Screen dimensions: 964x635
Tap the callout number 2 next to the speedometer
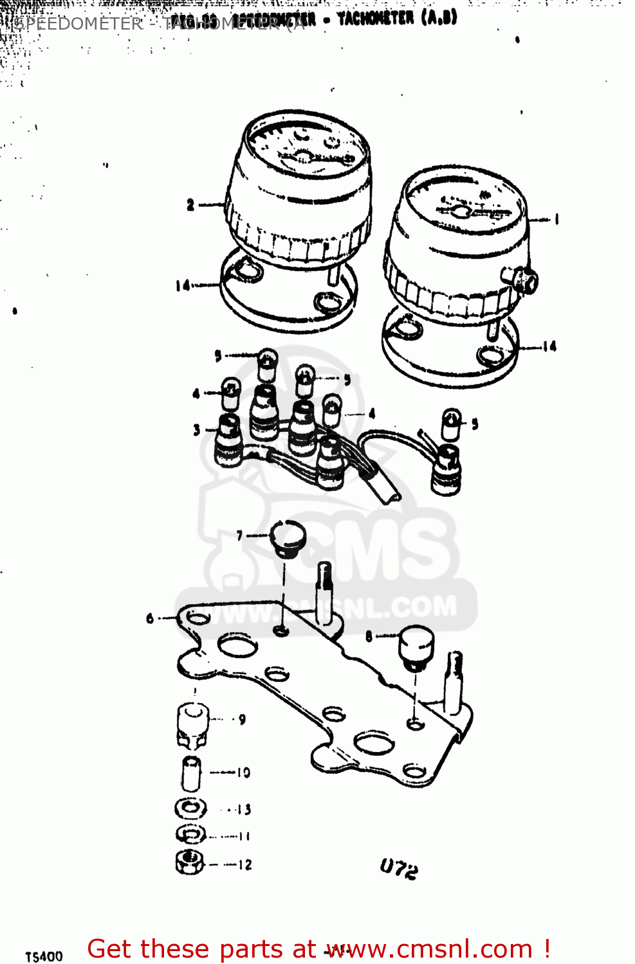(190, 205)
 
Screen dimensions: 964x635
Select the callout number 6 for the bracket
(150, 618)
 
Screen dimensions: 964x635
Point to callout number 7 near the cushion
(239, 535)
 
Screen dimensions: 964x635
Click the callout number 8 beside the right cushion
(369, 636)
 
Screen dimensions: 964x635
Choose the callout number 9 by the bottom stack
(242, 719)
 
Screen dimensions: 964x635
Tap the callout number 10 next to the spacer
(243, 772)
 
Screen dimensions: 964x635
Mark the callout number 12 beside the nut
(245, 865)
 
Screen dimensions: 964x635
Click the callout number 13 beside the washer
(244, 810)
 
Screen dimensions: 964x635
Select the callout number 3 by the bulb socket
(197, 430)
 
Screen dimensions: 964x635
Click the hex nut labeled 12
(190, 862)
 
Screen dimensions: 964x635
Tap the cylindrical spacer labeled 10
(191, 773)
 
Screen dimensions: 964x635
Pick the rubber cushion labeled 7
(287, 538)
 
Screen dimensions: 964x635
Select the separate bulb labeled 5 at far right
(451, 424)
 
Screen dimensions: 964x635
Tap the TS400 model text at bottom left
(44, 956)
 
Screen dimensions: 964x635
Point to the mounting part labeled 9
(192, 725)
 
